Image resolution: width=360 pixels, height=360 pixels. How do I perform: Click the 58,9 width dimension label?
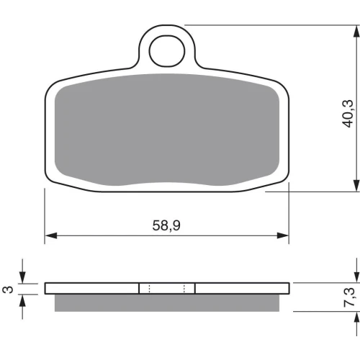coord(166,225)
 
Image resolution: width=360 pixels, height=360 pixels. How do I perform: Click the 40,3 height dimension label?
coord(348,113)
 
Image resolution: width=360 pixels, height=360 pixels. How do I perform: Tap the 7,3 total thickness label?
coord(348,297)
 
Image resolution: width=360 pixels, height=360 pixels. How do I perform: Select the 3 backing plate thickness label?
coord(8,289)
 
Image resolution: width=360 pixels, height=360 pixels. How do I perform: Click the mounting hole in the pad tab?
coord(167,51)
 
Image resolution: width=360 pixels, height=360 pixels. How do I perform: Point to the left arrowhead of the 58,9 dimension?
coord(51,235)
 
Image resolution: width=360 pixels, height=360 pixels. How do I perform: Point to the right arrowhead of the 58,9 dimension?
coord(283,235)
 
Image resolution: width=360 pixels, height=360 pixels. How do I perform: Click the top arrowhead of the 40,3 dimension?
coord(356,31)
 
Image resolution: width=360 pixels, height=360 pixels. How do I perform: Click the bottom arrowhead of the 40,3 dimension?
coord(356,186)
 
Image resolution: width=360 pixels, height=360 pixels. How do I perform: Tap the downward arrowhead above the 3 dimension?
coord(22,277)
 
